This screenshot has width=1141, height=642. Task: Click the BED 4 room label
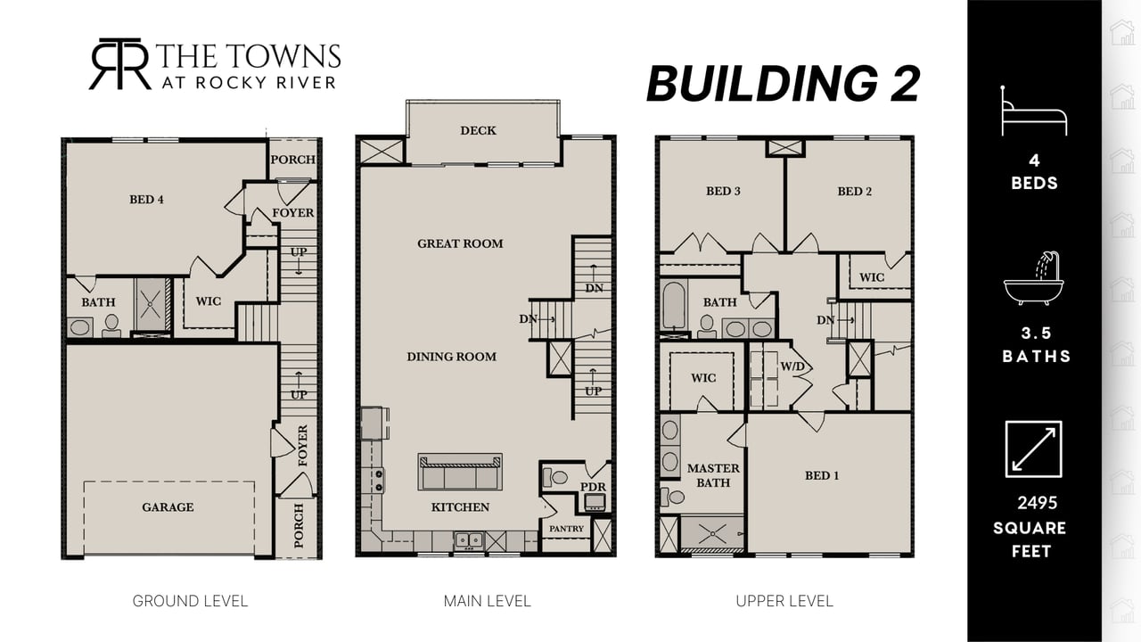click(x=147, y=199)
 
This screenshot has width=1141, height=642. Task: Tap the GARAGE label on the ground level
click(x=168, y=507)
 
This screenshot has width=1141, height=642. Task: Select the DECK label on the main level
click(x=478, y=130)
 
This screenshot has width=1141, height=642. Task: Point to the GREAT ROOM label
click(x=460, y=243)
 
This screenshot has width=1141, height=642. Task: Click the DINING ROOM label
click(x=451, y=357)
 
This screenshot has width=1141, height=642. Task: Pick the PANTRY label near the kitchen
click(x=566, y=529)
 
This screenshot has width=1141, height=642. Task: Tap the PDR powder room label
click(x=593, y=487)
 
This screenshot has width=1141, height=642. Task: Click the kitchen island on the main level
click(x=460, y=472)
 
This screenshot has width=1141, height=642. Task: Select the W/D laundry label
click(x=792, y=366)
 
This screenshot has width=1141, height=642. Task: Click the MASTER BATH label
click(x=713, y=475)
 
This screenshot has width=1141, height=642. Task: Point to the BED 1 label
click(x=822, y=475)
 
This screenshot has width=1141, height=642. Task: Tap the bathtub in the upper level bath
click(x=673, y=306)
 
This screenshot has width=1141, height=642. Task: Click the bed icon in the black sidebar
click(x=1033, y=111)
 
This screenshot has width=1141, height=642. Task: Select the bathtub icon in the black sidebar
click(x=1033, y=279)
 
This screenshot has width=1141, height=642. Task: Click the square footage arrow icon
click(x=1033, y=449)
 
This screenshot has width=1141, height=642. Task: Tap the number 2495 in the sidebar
click(x=1038, y=503)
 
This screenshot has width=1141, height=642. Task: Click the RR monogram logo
click(x=120, y=64)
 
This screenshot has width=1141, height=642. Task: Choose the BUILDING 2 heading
click(x=783, y=83)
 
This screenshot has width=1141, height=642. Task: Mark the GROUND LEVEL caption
click(x=190, y=601)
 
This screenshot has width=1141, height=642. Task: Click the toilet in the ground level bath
click(x=111, y=325)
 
